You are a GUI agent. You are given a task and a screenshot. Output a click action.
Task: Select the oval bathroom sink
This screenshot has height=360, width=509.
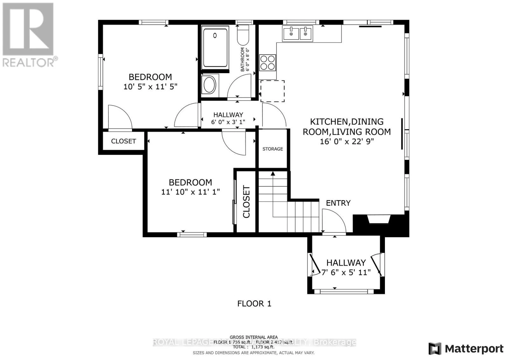tap(209, 85)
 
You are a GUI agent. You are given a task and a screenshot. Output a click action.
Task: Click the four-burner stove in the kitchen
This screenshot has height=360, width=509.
tap(268, 62)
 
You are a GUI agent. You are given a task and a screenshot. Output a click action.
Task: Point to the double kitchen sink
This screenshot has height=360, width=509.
tap(297, 33)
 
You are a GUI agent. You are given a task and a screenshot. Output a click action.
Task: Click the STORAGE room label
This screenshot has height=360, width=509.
tap(273, 149)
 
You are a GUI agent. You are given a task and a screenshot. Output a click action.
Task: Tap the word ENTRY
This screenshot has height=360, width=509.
tap(338, 203)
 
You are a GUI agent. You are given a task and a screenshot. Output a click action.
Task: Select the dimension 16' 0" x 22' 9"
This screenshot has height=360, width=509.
tap(347, 141)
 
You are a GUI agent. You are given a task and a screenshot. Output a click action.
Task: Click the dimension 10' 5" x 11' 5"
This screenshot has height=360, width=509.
tap(150, 87)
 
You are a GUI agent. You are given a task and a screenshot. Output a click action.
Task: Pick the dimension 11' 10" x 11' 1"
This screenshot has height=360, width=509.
tap(191, 192)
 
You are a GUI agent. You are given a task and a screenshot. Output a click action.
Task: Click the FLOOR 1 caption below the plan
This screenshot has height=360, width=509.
tap(254, 304)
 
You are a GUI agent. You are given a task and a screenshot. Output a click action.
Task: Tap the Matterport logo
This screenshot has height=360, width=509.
tap(466, 349)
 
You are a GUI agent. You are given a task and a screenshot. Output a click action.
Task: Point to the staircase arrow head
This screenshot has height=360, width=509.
tap(273, 174)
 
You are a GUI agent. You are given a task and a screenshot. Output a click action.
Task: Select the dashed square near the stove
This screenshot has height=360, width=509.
tap(273, 91)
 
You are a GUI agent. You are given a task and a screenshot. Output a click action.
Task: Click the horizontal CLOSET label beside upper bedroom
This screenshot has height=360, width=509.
tap(123, 141)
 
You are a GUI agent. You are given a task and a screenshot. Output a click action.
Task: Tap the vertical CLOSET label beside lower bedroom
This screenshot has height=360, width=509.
tap(247, 202)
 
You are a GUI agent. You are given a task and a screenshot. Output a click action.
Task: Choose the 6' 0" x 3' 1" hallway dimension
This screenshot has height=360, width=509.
tap(228, 122)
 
